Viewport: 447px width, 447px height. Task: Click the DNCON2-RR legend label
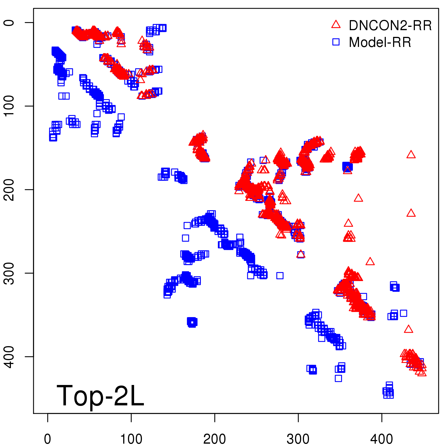[390, 25]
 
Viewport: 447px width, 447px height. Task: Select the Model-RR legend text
[380, 42]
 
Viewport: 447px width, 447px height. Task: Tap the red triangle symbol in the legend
[336, 25]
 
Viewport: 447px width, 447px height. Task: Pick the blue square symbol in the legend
[336, 42]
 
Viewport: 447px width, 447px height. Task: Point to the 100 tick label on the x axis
[131, 439]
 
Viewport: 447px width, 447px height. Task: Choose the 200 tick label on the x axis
[215, 439]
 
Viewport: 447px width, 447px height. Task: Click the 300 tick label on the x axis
[298, 439]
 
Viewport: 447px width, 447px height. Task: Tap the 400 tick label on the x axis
[382, 439]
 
